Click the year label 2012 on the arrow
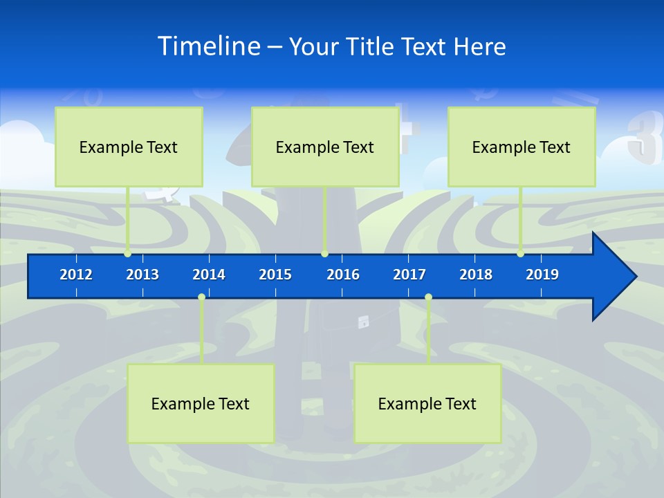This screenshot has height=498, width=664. click(x=76, y=275)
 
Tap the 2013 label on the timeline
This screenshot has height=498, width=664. click(x=142, y=275)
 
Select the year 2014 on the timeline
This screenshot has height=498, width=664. click(x=209, y=275)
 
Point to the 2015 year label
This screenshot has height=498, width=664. click(x=275, y=275)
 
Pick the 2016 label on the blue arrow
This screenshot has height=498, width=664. click(x=343, y=275)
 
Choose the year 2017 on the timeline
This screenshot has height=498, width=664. click(x=409, y=275)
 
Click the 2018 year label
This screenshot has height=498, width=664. click(x=476, y=275)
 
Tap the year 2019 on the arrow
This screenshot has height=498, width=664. click(x=542, y=275)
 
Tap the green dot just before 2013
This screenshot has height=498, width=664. click(x=127, y=254)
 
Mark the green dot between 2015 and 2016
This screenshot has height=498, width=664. click(x=324, y=254)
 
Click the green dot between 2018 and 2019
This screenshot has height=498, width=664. click(x=520, y=254)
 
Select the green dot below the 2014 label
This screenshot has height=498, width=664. click(x=201, y=297)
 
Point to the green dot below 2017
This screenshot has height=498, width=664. click(x=428, y=297)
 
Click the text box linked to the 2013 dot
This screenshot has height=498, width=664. click(x=129, y=147)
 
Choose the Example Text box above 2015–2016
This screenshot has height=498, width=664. click(x=325, y=147)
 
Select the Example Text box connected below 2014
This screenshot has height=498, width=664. click(x=201, y=403)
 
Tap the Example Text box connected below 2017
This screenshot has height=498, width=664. click(x=427, y=403)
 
